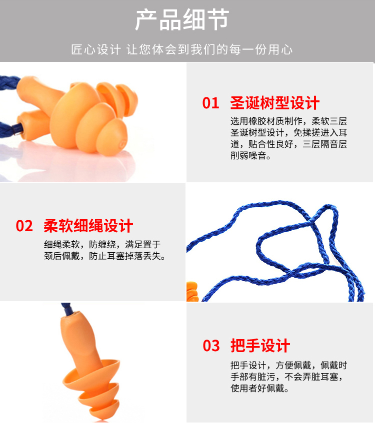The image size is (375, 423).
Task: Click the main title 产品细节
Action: (x=182, y=19)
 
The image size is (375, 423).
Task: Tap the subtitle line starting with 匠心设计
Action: (x=182, y=49)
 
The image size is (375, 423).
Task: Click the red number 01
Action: (x=210, y=103)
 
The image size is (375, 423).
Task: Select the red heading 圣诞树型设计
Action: (x=275, y=103)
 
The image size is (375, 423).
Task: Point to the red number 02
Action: (x=24, y=226)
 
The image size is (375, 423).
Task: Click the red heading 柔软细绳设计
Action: (x=88, y=226)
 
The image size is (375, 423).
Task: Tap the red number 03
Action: (x=211, y=346)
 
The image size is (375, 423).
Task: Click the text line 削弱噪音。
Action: (x=250, y=155)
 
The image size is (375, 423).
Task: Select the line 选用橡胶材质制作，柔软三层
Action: (x=288, y=121)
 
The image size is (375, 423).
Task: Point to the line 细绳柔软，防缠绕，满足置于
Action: (x=102, y=244)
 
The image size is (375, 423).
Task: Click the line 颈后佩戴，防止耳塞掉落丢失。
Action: (x=105, y=256)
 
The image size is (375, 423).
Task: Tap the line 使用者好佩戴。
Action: (x=259, y=388)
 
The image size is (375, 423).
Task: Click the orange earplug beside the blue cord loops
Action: (x=192, y=291)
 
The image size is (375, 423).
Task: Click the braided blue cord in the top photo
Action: (x=9, y=83)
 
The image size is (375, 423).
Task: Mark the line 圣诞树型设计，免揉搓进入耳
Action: (x=288, y=132)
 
